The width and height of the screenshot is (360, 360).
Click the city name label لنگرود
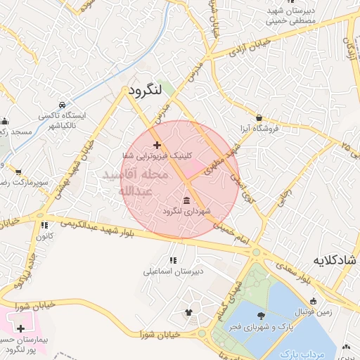(146, 89)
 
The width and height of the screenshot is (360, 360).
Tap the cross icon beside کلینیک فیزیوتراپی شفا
(157, 145)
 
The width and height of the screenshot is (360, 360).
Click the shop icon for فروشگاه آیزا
(259, 118)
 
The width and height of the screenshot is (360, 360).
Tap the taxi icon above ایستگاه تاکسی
(63, 103)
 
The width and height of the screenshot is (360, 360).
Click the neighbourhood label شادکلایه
(334, 261)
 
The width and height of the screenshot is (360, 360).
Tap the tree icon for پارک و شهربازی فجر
(261, 315)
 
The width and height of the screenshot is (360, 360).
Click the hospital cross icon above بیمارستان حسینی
(20, 328)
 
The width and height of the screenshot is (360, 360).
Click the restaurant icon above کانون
(44, 226)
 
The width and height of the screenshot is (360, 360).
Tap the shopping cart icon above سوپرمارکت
(18, 171)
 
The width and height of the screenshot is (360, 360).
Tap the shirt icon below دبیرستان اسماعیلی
(188, 311)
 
